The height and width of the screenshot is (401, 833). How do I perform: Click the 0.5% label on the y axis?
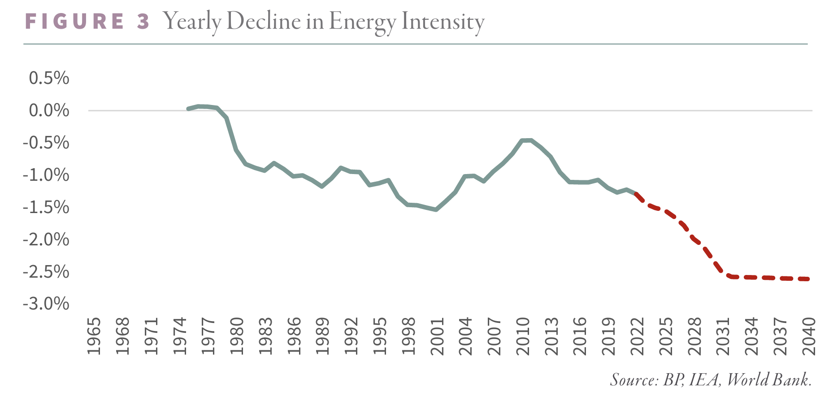click(x=49, y=78)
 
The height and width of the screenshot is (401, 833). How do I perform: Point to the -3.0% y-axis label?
click(x=46, y=304)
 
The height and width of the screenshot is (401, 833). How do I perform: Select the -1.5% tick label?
click(x=46, y=207)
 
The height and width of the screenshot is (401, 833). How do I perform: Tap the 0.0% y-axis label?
click(x=49, y=110)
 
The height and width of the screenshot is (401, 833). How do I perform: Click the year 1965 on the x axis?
click(x=94, y=336)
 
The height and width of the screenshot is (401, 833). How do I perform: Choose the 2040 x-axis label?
click(x=808, y=336)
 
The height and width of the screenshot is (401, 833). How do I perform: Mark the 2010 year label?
click(x=522, y=336)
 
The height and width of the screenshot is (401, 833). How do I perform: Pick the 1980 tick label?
click(x=236, y=336)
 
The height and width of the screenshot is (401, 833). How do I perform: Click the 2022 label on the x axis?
click(x=637, y=336)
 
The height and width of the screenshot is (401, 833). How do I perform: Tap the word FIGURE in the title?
click(x=74, y=22)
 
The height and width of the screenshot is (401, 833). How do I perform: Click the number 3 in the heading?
click(x=143, y=22)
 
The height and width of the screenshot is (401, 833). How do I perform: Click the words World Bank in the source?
click(x=768, y=380)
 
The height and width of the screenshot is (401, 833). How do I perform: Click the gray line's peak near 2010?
click(x=527, y=140)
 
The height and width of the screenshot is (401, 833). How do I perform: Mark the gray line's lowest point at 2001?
click(x=436, y=209)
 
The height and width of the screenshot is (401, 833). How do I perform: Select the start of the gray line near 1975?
click(x=188, y=109)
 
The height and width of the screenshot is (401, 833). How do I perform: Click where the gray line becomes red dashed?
click(x=636, y=194)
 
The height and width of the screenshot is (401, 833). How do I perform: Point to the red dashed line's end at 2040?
click(x=808, y=279)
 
